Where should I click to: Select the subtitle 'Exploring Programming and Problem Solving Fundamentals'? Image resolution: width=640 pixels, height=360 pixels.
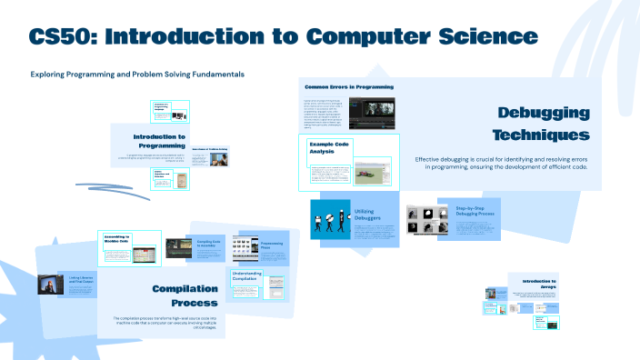pos(136,74)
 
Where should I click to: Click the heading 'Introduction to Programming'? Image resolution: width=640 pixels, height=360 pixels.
pos(159,141)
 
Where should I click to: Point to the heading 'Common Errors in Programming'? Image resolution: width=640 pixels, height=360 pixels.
pos(348,86)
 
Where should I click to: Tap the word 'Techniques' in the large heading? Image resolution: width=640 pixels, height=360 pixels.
pos(541,135)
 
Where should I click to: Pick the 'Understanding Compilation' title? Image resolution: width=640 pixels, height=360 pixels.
pos(253,276)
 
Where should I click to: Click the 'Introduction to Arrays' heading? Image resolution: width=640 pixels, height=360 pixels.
pos(534,284)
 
